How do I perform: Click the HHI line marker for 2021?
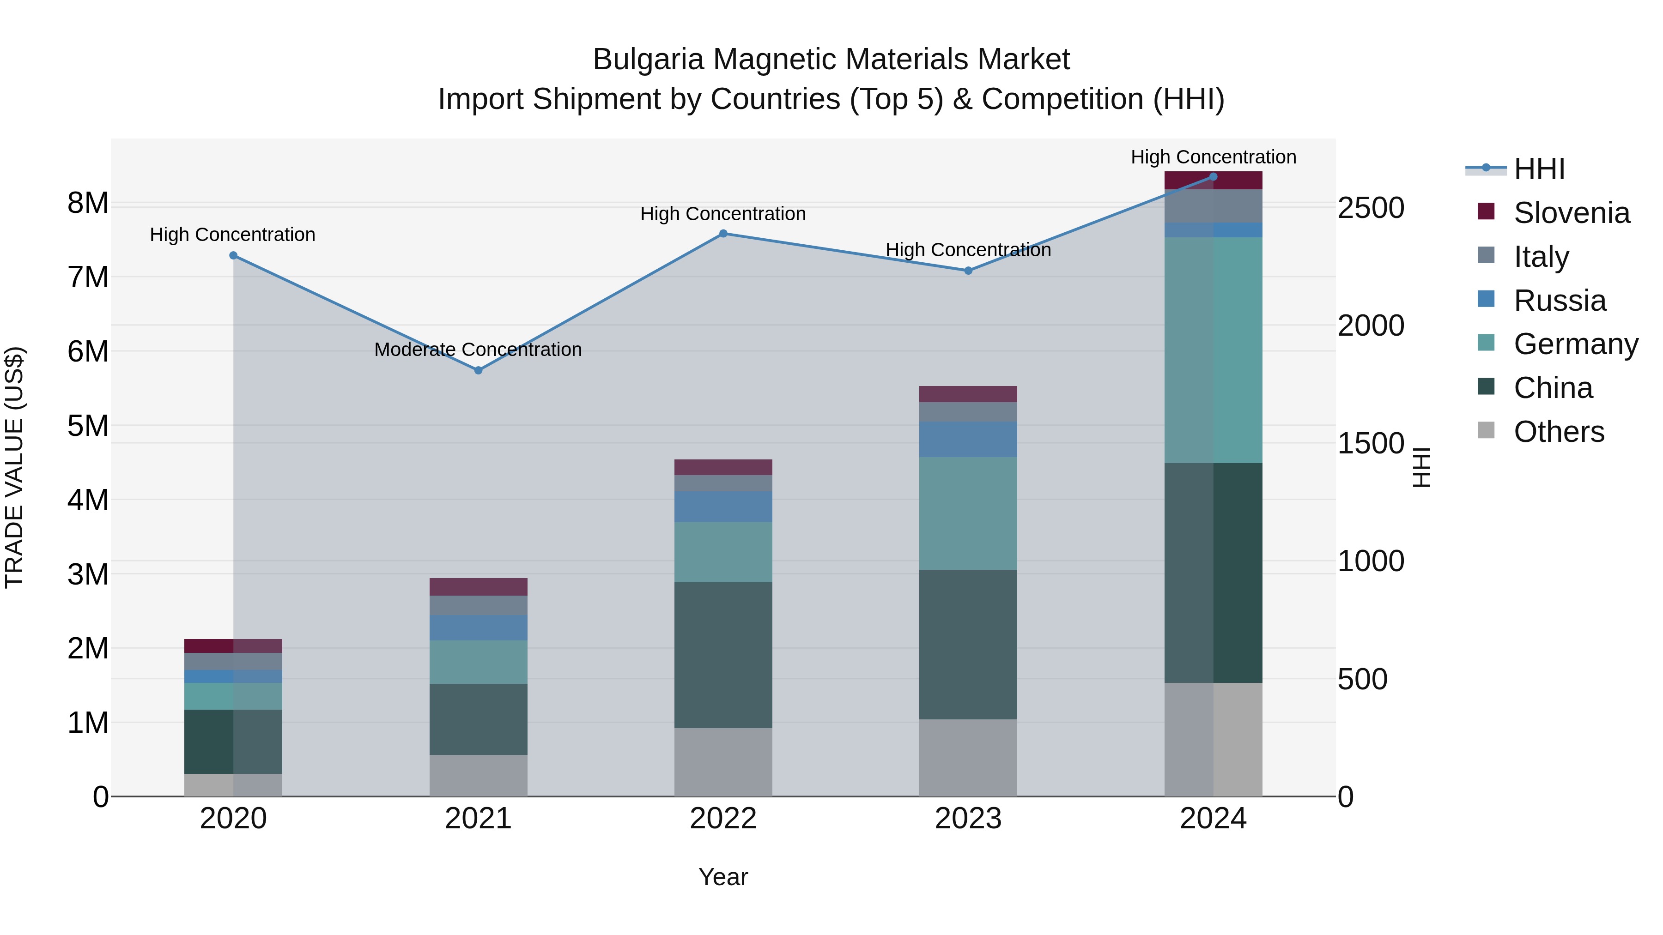(479, 370)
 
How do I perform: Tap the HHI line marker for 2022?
(723, 234)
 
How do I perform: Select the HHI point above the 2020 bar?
(234, 255)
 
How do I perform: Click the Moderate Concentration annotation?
(478, 350)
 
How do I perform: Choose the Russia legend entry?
(1559, 301)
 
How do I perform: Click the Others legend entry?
(1559, 432)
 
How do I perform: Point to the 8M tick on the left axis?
(88, 203)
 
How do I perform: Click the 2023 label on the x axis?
(968, 819)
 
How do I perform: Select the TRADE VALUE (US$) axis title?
(14, 467)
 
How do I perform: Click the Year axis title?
(723, 877)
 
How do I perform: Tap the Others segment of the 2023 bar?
(968, 758)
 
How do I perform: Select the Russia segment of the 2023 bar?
(968, 440)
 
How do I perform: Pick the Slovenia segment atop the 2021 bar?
(479, 586)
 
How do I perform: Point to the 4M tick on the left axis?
(88, 500)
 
